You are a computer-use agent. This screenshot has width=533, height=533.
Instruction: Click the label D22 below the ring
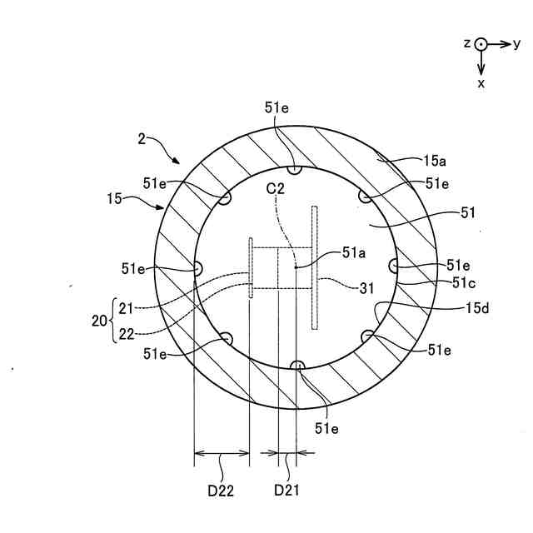221,490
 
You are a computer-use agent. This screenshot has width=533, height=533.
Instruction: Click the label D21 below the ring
286,490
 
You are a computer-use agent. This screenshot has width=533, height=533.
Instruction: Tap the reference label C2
276,190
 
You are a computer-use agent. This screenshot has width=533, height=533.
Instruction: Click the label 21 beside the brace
126,308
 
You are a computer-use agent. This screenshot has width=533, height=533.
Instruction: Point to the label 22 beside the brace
126,334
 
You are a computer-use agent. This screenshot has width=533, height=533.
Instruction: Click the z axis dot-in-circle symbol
481,43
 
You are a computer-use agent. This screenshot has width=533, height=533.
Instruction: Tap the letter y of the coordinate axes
517,43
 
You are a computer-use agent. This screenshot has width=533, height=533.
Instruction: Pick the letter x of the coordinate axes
481,83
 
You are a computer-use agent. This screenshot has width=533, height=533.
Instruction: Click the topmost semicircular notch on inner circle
292,170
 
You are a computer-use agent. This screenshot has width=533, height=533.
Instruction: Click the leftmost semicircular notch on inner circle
199,268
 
